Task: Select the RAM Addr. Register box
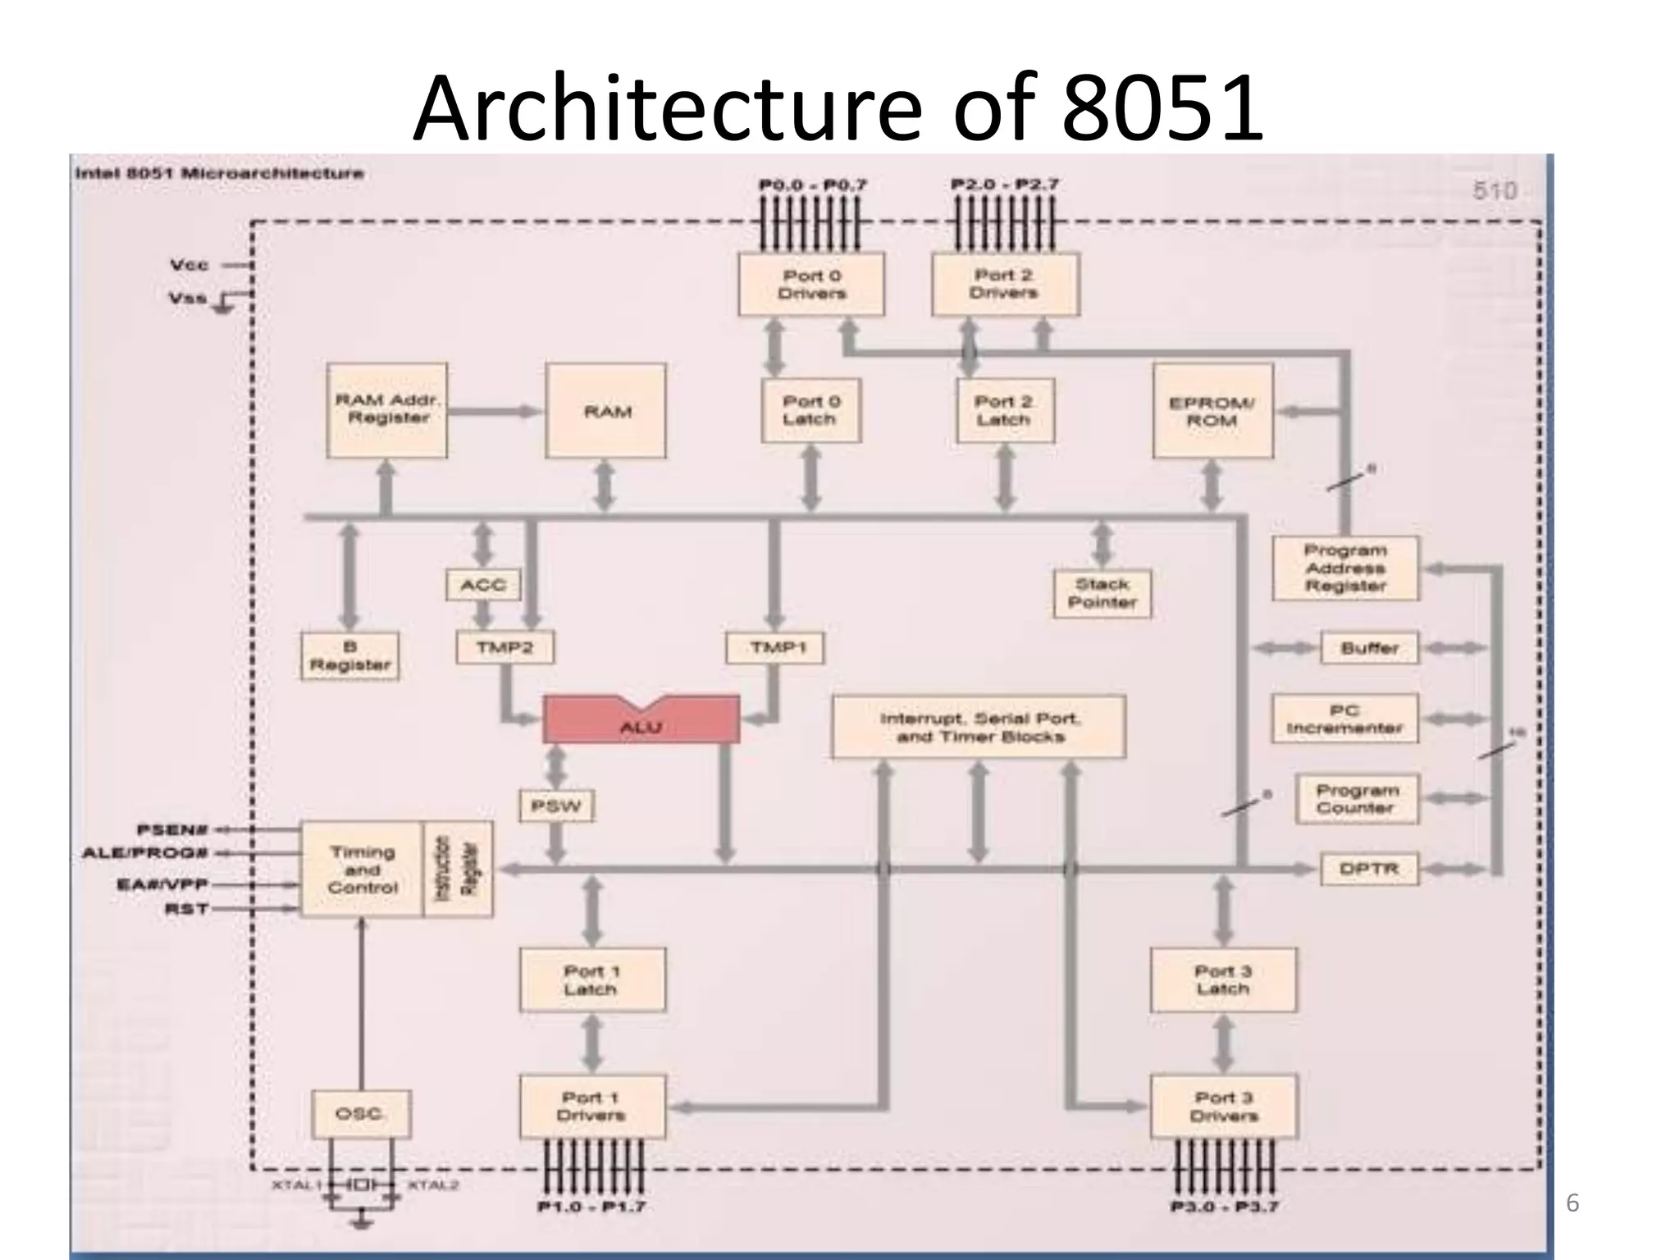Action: [387, 410]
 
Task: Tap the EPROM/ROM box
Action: [1212, 411]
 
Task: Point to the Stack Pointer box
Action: [1102, 594]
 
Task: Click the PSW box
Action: [556, 806]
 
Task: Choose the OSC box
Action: [360, 1113]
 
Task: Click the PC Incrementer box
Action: [1344, 719]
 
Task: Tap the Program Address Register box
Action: [1345, 568]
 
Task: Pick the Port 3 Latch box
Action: [1223, 979]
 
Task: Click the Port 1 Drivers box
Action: [592, 1107]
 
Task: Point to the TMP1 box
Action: [775, 648]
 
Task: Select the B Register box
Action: [349, 656]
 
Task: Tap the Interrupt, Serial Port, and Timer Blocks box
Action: [979, 727]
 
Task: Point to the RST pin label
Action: [187, 909]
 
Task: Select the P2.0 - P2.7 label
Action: [1005, 185]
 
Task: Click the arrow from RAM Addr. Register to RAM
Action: [495, 411]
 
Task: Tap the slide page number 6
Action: [1572, 1203]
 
